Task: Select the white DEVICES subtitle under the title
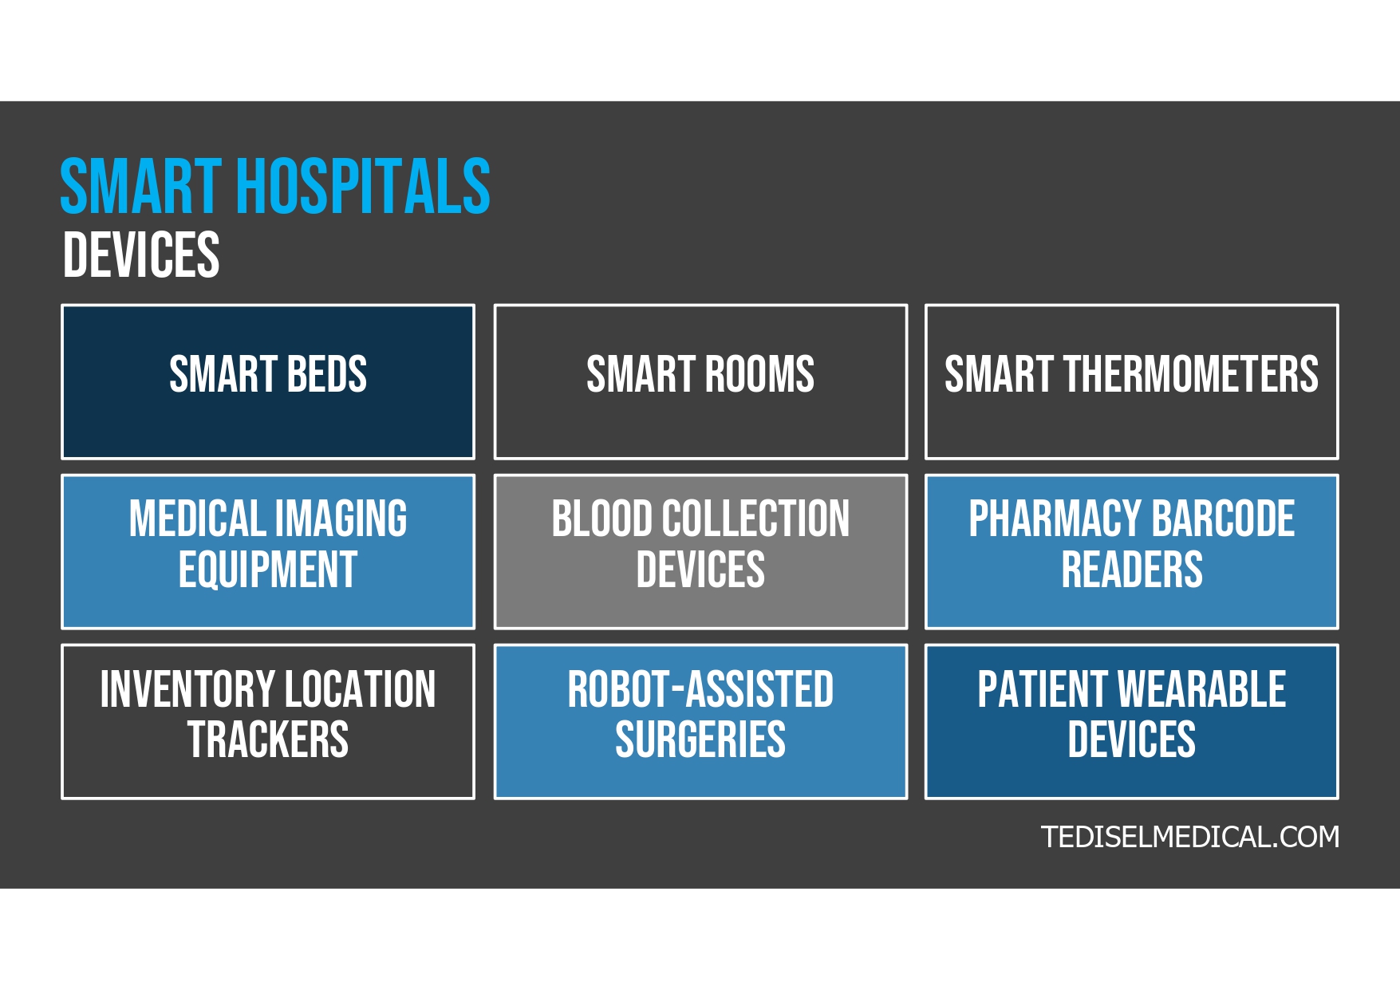pyautogui.click(x=140, y=255)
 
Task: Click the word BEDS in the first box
pyautogui.click(x=326, y=374)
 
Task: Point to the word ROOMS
pyautogui.click(x=759, y=374)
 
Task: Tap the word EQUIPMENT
pyautogui.click(x=268, y=570)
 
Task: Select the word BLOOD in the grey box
pyautogui.click(x=601, y=519)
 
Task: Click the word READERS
pyautogui.click(x=1132, y=570)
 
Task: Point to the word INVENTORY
pyautogui.click(x=187, y=689)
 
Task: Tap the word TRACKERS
pyautogui.click(x=268, y=740)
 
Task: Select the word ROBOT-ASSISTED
pyautogui.click(x=700, y=689)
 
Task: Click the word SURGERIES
pyautogui.click(x=700, y=740)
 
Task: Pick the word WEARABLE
pyautogui.click(x=1201, y=689)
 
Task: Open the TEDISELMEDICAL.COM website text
pyautogui.click(x=1189, y=837)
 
